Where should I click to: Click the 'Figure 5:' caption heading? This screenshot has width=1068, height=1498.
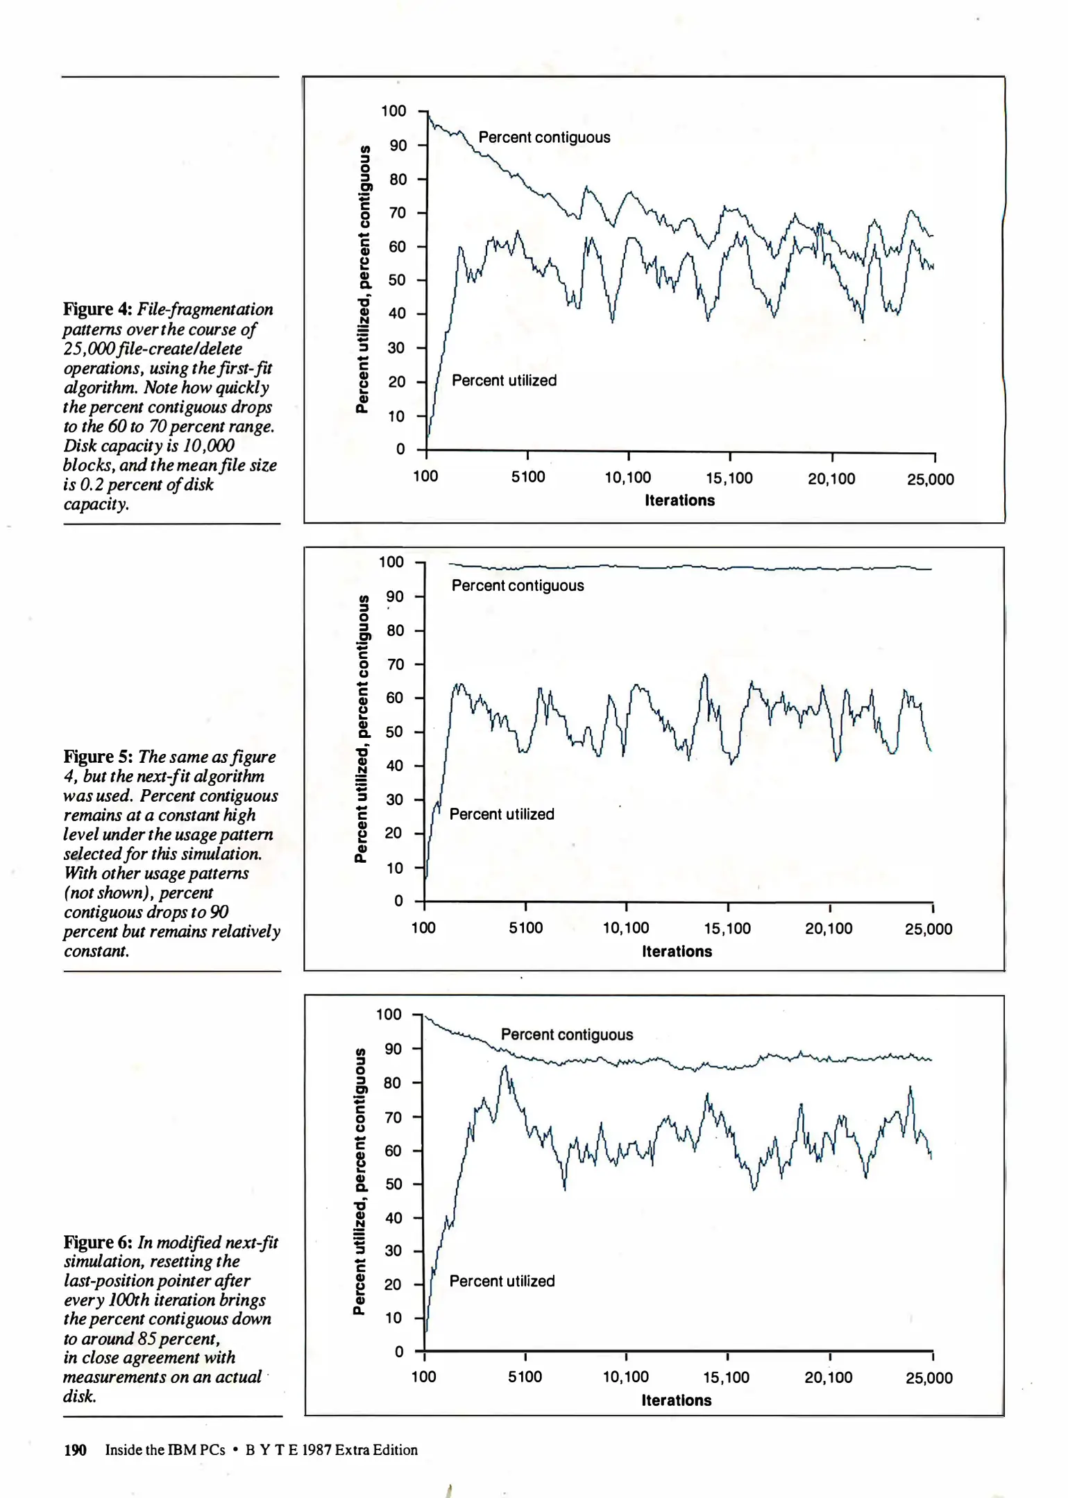(x=99, y=757)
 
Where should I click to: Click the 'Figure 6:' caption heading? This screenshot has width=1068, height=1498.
(x=99, y=1242)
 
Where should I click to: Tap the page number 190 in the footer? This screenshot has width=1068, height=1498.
(x=75, y=1450)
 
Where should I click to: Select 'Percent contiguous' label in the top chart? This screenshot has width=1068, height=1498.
(x=544, y=137)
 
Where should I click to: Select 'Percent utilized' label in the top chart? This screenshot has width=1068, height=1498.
(x=504, y=381)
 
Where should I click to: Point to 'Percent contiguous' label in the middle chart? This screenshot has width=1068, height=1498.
(x=518, y=586)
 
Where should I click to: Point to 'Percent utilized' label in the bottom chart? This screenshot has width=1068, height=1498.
(x=502, y=1281)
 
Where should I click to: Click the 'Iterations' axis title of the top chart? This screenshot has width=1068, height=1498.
(x=679, y=501)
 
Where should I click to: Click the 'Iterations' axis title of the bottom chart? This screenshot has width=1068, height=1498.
(x=677, y=1400)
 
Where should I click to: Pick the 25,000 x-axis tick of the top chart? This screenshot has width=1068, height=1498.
(x=931, y=479)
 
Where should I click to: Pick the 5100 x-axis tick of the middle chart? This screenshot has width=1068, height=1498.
(x=526, y=929)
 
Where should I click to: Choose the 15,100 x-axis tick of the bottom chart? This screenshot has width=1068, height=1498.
(x=727, y=1377)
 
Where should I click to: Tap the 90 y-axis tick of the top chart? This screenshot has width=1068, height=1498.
(x=398, y=146)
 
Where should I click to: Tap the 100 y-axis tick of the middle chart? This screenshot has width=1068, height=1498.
(x=391, y=562)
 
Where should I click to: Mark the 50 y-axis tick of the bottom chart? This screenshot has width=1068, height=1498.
(x=393, y=1184)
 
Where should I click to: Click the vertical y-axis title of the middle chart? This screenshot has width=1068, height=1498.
(x=361, y=729)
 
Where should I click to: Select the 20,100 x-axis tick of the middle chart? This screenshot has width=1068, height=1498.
(x=829, y=929)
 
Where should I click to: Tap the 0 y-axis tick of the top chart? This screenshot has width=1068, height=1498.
(x=400, y=449)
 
